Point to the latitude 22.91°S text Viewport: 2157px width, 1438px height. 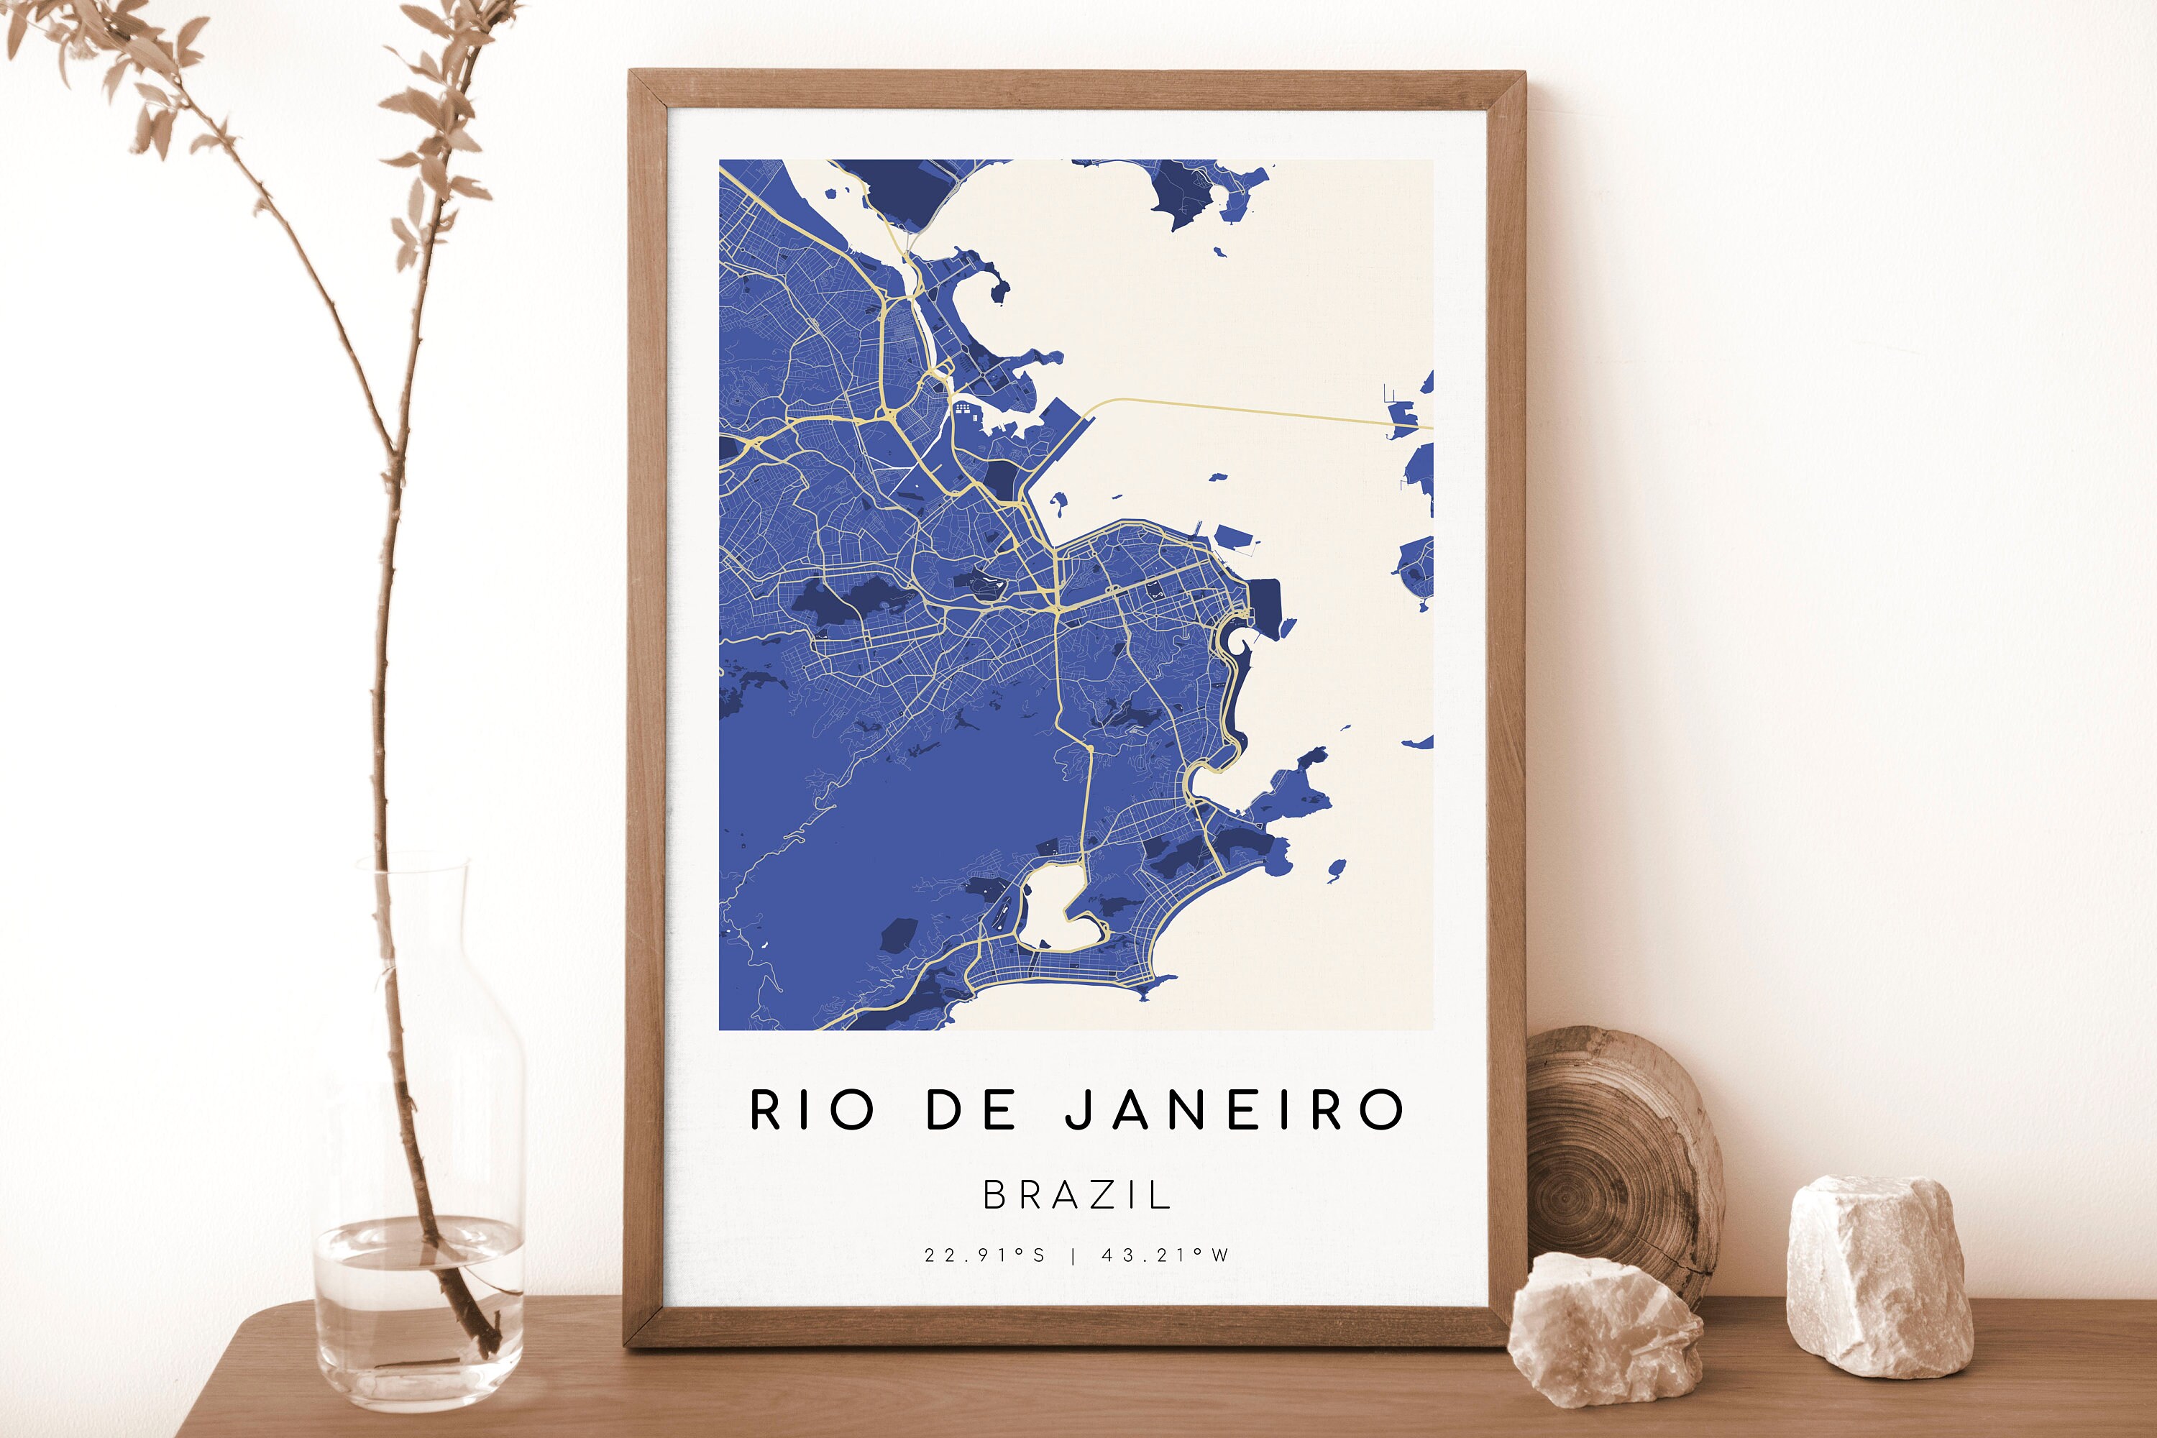(985, 1255)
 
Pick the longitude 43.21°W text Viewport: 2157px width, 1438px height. (1165, 1255)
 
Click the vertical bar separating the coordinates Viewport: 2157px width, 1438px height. (1073, 1255)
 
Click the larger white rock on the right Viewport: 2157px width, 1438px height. (1880, 1275)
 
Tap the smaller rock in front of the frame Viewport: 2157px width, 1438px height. (1605, 1329)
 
